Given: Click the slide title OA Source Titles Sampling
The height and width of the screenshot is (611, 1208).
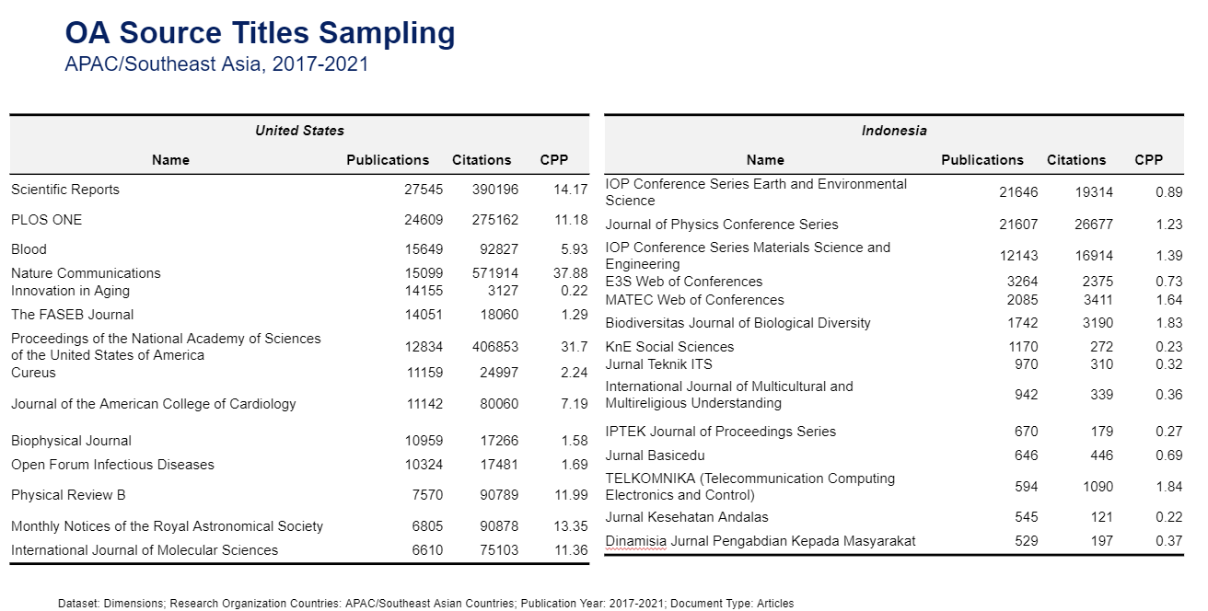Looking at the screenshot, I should [x=260, y=33].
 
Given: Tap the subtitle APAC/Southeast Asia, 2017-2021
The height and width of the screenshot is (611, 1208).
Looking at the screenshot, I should [x=216, y=64].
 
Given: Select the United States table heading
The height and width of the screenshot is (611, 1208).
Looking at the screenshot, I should [x=299, y=131].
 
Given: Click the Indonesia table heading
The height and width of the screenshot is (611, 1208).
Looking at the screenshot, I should [x=894, y=131].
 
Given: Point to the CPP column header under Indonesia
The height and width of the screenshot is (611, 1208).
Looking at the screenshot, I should [x=1148, y=160].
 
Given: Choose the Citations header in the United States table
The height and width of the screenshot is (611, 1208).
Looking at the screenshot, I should [x=482, y=160].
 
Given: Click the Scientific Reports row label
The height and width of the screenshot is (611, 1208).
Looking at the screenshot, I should [x=65, y=190].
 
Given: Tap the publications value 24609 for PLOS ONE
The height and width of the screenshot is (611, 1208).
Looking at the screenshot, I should [x=424, y=220].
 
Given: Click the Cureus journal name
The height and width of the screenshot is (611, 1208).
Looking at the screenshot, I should [x=33, y=373].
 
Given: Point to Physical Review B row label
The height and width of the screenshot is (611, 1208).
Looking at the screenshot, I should [x=68, y=495].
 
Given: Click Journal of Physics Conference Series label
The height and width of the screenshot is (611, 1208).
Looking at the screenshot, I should [x=722, y=225].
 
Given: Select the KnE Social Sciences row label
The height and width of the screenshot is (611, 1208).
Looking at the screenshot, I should [x=669, y=347].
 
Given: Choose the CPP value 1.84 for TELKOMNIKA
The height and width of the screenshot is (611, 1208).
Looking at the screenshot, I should [x=1168, y=487].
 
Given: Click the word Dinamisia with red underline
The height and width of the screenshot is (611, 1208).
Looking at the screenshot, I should [x=635, y=541].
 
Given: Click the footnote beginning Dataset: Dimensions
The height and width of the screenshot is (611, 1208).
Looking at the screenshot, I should [x=425, y=604].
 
